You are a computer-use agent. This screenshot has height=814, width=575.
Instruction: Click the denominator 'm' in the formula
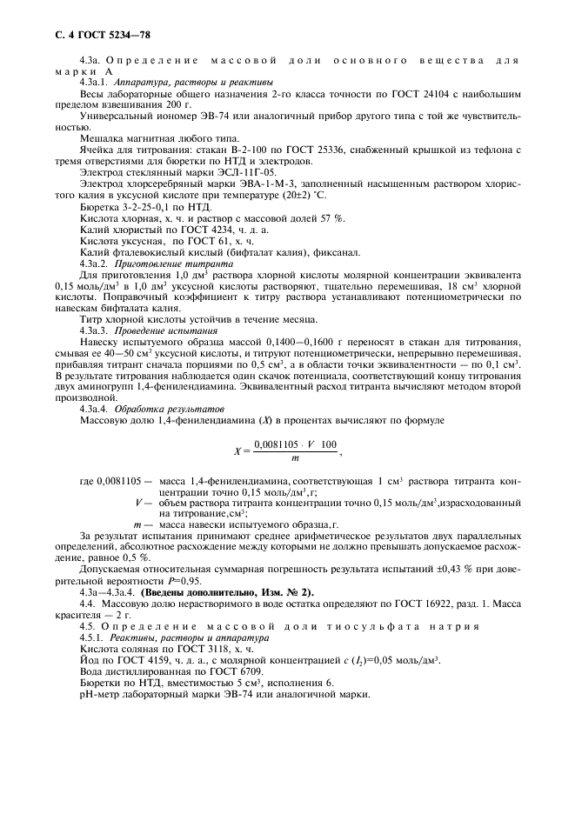click(296, 457)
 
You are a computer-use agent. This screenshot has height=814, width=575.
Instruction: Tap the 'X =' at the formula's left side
click(240, 450)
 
